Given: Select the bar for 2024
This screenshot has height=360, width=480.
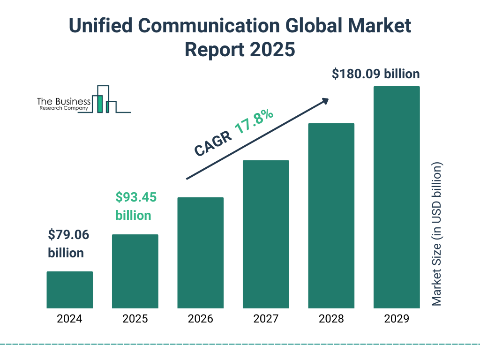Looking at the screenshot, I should pos(69,290).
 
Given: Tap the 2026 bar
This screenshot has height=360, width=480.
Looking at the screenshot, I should pos(200,253).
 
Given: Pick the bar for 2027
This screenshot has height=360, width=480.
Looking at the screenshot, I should pos(266,234).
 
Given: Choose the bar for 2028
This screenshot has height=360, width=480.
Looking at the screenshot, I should pos(331,216).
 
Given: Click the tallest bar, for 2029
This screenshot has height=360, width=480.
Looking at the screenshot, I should pos(397,197).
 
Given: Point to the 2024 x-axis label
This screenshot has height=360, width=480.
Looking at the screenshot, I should pos(69,319).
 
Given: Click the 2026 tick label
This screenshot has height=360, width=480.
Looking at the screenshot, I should pos(200,319).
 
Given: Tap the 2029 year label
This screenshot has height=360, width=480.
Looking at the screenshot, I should pos(397,319).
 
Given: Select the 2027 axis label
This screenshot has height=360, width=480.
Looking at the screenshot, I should pos(266,319).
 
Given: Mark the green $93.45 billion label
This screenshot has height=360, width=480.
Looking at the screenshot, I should pos(135,206).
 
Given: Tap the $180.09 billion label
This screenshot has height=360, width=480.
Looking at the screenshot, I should pos(375,74).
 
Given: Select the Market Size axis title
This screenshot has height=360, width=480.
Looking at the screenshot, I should pos(437,234).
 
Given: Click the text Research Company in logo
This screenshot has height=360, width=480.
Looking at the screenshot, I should pos(63,108).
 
